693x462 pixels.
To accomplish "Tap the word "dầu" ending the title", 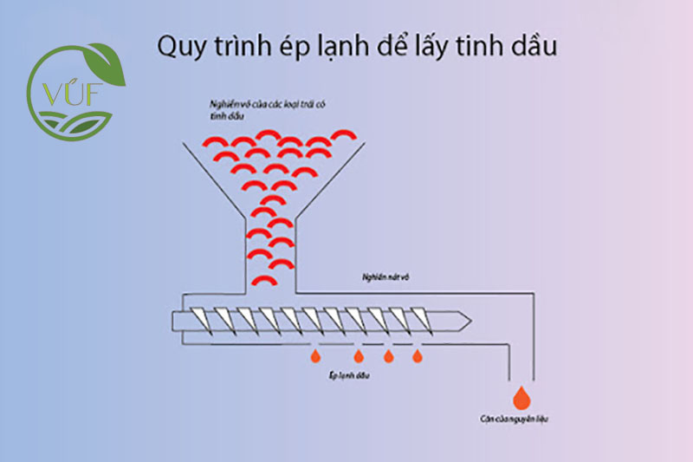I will point(530,46).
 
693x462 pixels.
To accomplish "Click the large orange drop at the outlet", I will point(521,398).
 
